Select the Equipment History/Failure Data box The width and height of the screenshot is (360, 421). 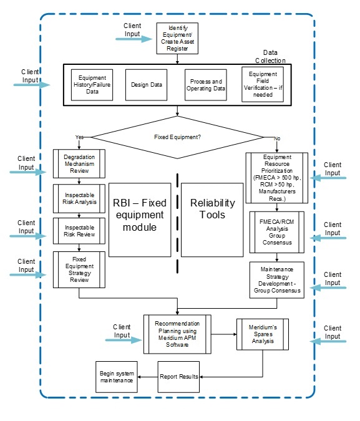click(92, 85)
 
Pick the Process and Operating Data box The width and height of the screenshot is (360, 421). click(205, 85)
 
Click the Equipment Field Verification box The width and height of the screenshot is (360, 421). click(262, 85)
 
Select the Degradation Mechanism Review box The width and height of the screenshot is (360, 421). click(79, 163)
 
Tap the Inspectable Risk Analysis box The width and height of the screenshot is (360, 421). click(79, 198)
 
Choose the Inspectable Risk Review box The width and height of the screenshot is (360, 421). click(79, 231)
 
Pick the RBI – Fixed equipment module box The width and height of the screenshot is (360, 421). click(140, 219)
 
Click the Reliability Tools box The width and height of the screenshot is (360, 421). click(212, 219)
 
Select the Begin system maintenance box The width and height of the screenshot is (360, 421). click(117, 376)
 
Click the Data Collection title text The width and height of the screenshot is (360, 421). click(269, 57)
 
